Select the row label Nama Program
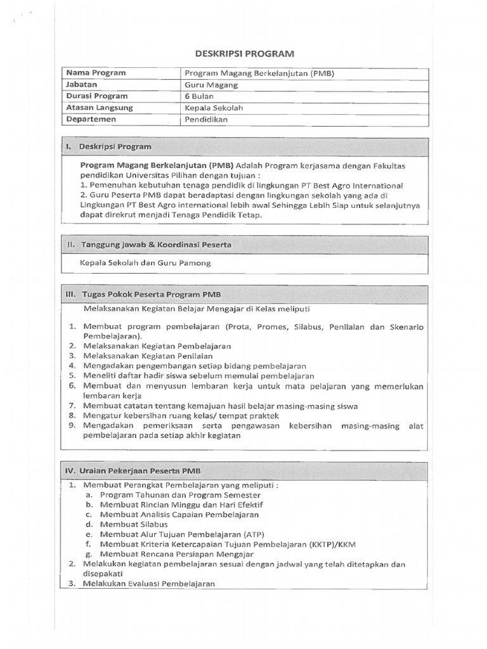(96, 73)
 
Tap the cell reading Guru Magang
(211, 84)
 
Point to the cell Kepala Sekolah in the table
(214, 108)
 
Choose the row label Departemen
(93, 119)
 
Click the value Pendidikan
(205, 119)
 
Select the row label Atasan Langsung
(100, 108)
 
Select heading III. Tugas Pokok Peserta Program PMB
(148, 295)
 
